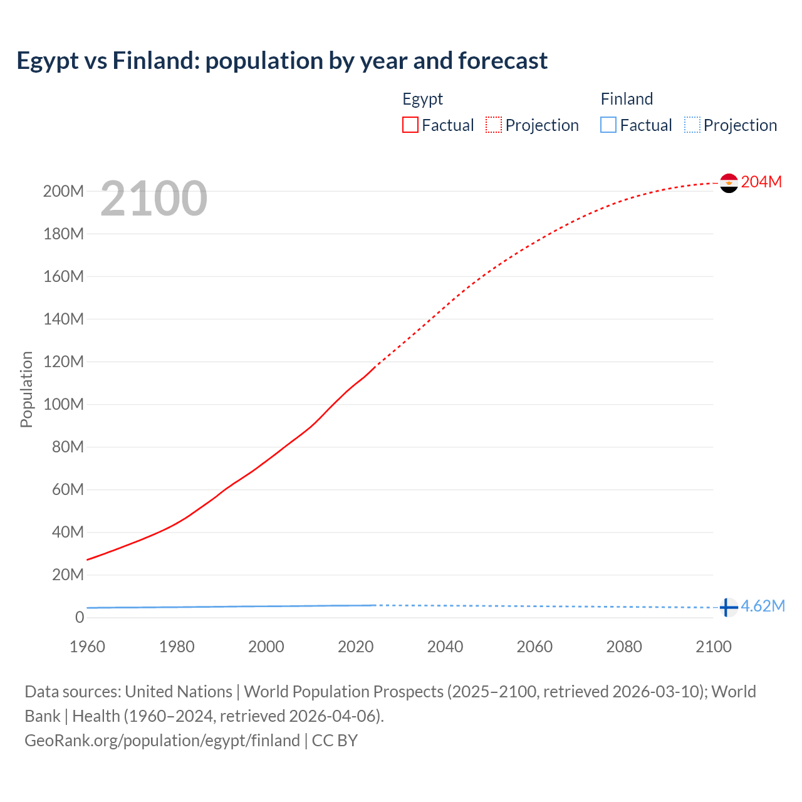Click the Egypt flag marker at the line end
[x=729, y=183]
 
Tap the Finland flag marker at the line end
[x=727, y=607]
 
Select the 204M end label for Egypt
[x=761, y=182]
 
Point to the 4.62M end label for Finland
[x=763, y=606]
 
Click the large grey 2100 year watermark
[x=154, y=199]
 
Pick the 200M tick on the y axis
[x=63, y=191]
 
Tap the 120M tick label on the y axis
[x=63, y=362]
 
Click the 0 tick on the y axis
[x=80, y=617]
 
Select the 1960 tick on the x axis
[x=87, y=647]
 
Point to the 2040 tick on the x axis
[x=445, y=647]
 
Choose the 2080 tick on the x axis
[x=624, y=647]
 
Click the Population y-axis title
[x=26, y=389]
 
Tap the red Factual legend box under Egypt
[x=410, y=125]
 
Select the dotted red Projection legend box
[x=494, y=125]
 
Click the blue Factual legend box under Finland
[x=608, y=125]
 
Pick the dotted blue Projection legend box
[x=692, y=125]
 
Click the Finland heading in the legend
[x=627, y=99]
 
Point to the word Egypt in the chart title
[x=48, y=61]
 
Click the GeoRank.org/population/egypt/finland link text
[x=162, y=741]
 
